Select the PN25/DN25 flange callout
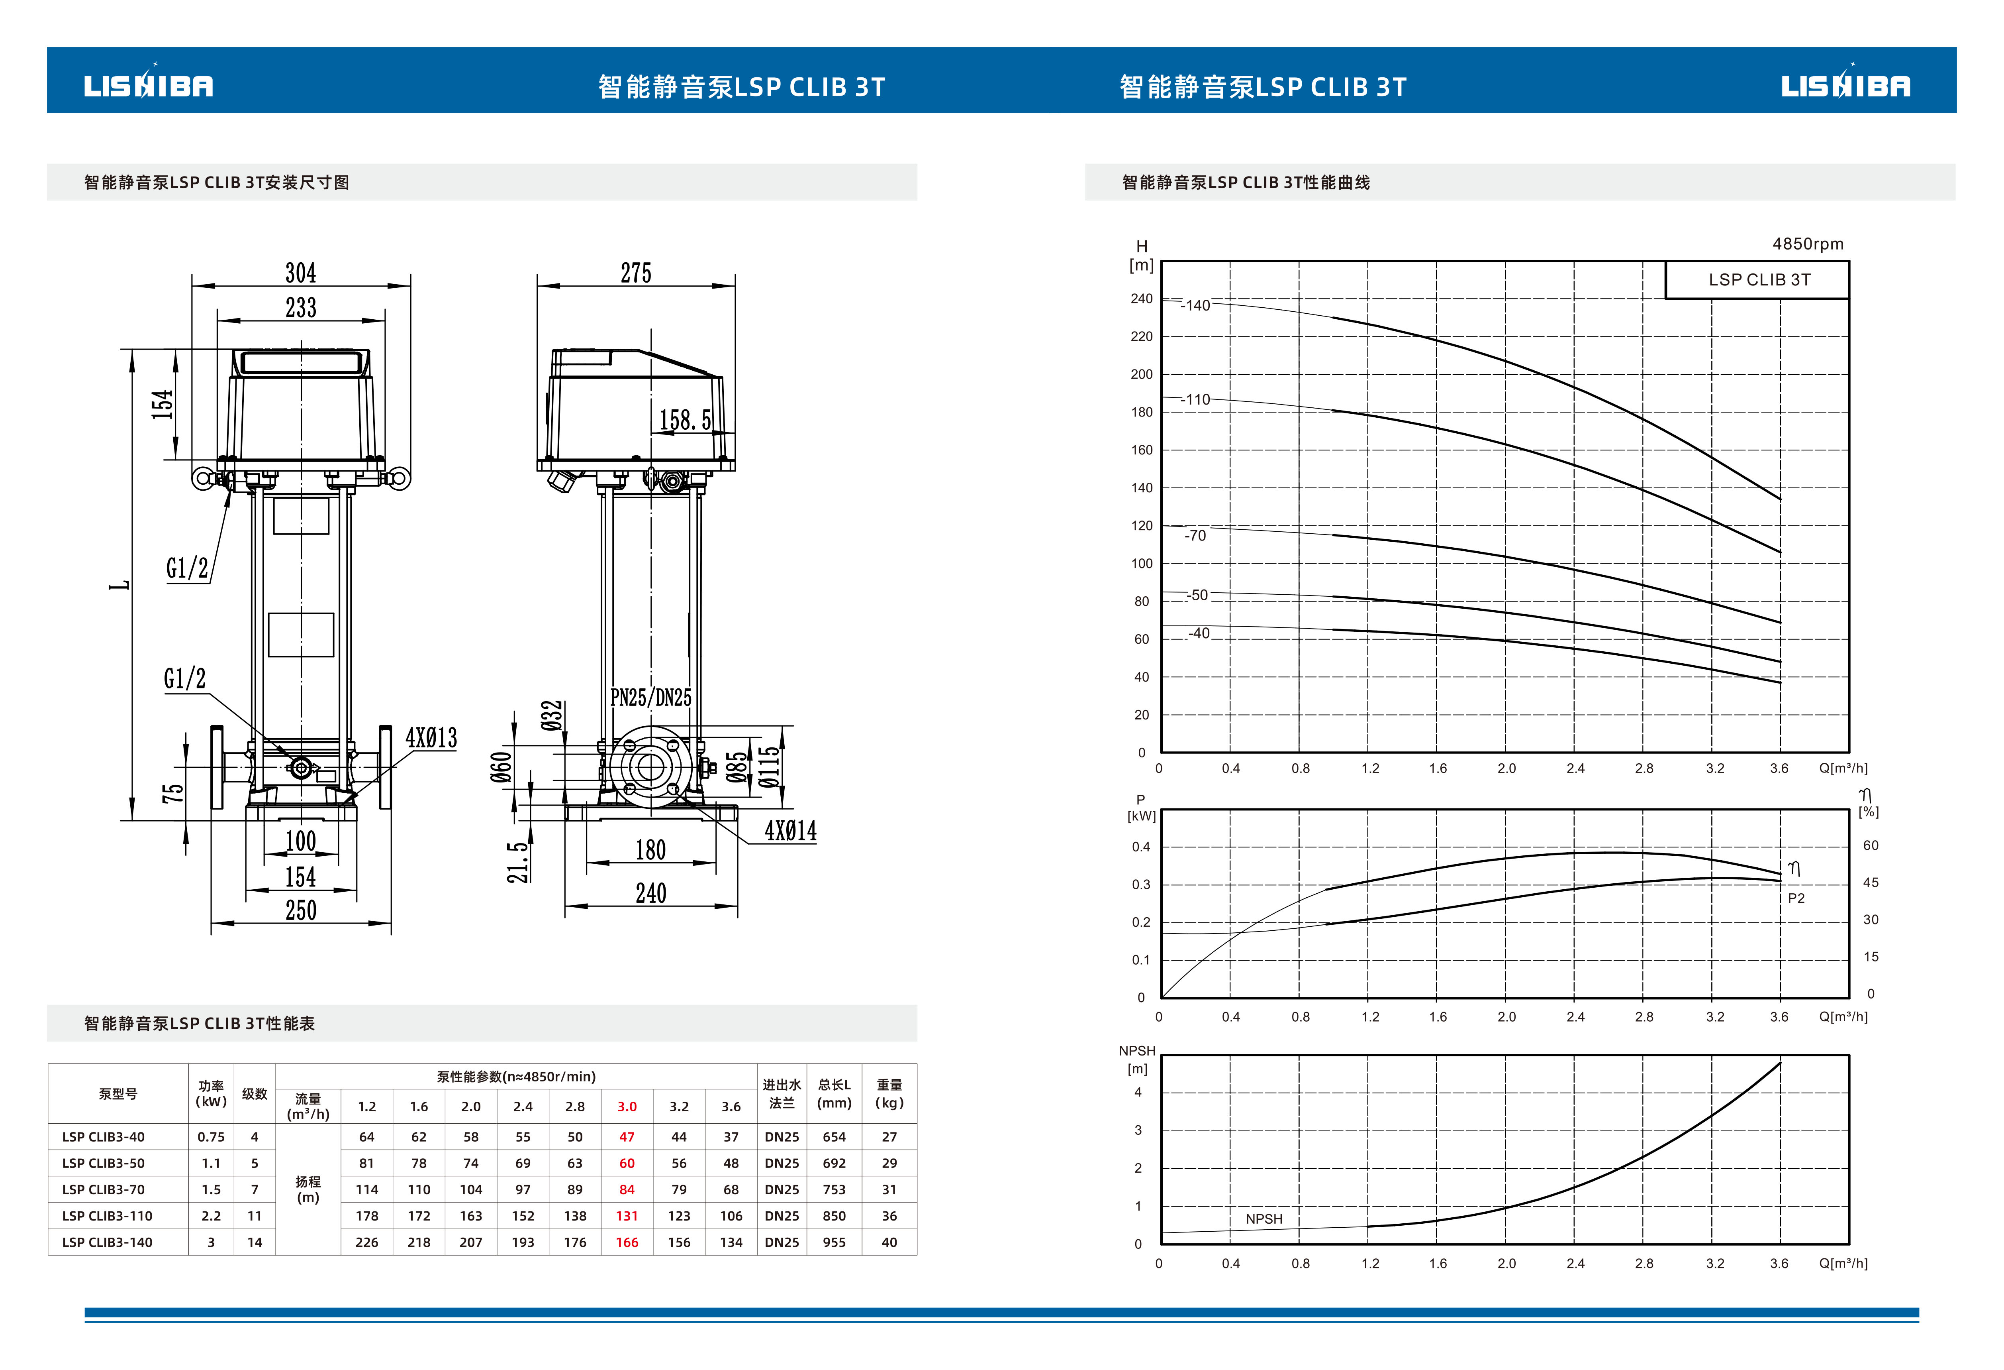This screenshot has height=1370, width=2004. (651, 697)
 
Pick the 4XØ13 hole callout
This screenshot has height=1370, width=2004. (431, 738)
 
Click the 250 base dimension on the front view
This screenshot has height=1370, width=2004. (301, 910)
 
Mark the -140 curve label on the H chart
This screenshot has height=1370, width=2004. (1196, 305)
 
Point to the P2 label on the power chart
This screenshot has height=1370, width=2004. (1796, 898)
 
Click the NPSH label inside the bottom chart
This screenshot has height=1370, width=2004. (1264, 1219)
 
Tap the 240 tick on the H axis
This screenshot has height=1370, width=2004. (1142, 299)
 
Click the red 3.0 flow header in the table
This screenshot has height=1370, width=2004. (627, 1107)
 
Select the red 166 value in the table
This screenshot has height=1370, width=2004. (627, 1242)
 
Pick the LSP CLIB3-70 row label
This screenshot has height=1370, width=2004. (104, 1190)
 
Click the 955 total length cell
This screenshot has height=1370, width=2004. (834, 1242)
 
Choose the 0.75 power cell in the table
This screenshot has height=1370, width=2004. (211, 1137)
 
